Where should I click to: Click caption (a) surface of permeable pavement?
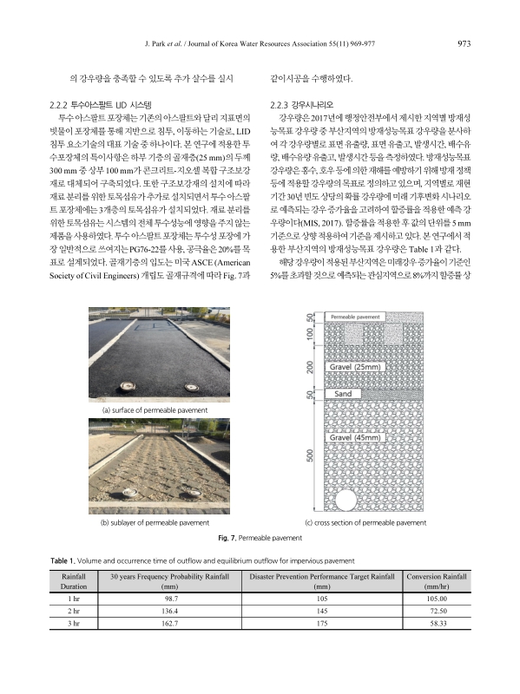[155, 409]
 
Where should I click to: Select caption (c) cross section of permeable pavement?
[365, 523]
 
